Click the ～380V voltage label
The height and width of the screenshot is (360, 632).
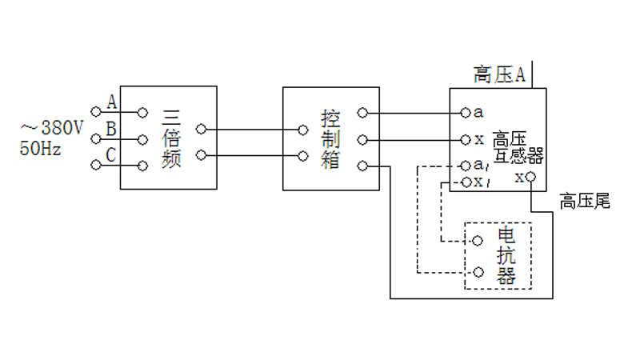51,127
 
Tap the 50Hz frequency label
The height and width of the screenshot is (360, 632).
41,148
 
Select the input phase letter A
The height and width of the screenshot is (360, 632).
112,102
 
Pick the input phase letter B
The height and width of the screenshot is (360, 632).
111,128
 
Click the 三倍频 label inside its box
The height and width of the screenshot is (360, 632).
172,138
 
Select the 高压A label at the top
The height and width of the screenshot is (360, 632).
498,75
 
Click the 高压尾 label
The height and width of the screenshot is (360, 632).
584,200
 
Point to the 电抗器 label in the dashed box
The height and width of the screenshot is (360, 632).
507,256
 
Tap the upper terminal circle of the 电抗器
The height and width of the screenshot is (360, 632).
478,240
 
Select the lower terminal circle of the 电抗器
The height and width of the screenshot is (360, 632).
478,272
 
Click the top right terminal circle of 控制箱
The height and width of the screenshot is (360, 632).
362,113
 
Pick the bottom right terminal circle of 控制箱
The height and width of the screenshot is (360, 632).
362,166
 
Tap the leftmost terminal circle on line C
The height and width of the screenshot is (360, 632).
96,165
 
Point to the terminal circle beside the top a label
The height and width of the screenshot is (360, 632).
465,113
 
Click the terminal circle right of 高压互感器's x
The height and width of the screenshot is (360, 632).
530,177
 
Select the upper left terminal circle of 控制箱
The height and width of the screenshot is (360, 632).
302,129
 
